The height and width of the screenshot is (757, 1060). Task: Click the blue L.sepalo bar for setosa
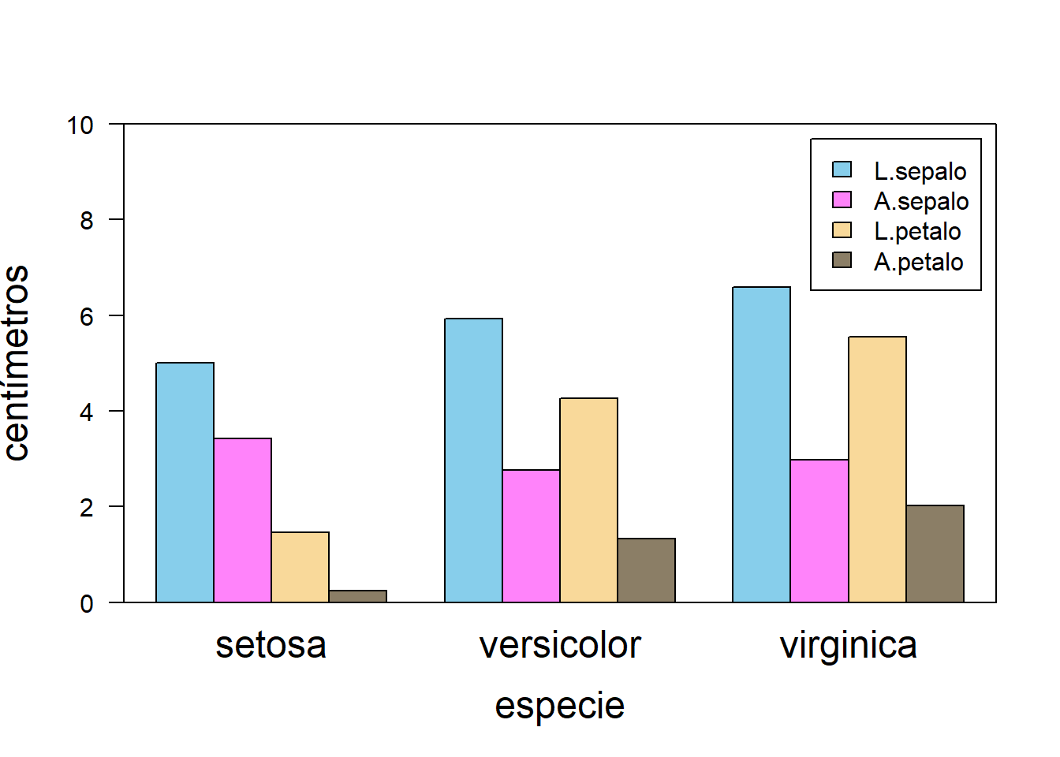click(x=185, y=483)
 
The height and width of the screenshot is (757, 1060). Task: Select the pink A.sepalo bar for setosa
click(x=242, y=520)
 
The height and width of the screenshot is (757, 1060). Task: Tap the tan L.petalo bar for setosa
click(x=300, y=567)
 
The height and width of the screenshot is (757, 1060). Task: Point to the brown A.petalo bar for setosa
click(x=357, y=596)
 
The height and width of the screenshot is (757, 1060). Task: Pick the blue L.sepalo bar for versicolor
click(x=473, y=461)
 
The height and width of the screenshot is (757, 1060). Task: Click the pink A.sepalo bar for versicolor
click(x=531, y=536)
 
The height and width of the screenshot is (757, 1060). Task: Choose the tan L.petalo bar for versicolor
click(x=588, y=500)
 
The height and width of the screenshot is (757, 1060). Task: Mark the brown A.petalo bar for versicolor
click(x=646, y=570)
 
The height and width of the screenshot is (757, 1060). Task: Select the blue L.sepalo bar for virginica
click(x=761, y=445)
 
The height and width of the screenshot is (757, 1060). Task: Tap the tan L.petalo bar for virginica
click(x=877, y=469)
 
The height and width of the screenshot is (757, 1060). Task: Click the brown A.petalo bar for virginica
click(x=935, y=554)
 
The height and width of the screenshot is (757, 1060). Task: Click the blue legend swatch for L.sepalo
click(x=842, y=170)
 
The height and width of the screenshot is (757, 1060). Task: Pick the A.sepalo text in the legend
click(x=920, y=201)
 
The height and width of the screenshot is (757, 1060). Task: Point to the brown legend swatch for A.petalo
click(x=842, y=260)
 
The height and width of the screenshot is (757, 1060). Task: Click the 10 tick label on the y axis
click(x=80, y=125)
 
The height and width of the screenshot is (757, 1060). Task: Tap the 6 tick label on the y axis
click(x=87, y=316)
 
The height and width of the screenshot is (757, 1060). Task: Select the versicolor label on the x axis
click(x=560, y=645)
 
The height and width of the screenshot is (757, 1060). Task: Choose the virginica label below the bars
click(x=848, y=645)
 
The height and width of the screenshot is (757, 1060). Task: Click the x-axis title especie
click(x=559, y=706)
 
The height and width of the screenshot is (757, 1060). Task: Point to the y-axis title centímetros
click(x=17, y=363)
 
